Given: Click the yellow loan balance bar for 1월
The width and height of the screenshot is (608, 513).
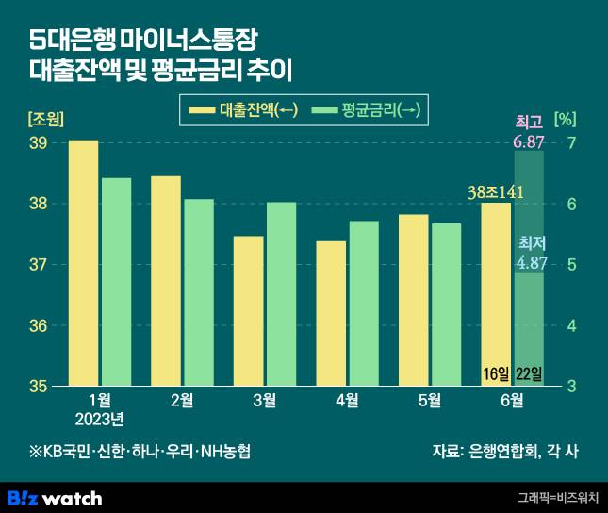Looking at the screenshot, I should [x=84, y=263].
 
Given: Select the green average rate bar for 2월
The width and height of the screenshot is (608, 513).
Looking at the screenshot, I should [x=198, y=292].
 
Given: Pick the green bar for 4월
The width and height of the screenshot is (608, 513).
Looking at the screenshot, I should [x=364, y=304].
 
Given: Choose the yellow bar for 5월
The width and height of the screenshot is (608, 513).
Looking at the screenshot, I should [x=413, y=300].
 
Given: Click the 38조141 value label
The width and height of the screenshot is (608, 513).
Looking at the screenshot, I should [x=496, y=192].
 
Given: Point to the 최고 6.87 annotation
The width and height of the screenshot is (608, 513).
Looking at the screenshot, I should [x=529, y=133].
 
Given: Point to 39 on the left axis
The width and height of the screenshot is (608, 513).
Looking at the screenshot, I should [x=39, y=143].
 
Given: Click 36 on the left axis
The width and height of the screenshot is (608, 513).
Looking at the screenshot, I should [x=39, y=326].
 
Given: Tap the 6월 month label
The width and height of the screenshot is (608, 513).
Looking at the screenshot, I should [x=511, y=401].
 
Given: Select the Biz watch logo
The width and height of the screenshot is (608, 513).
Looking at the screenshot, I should [x=55, y=497].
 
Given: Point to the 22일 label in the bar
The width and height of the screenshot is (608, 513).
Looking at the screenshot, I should [x=530, y=374].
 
